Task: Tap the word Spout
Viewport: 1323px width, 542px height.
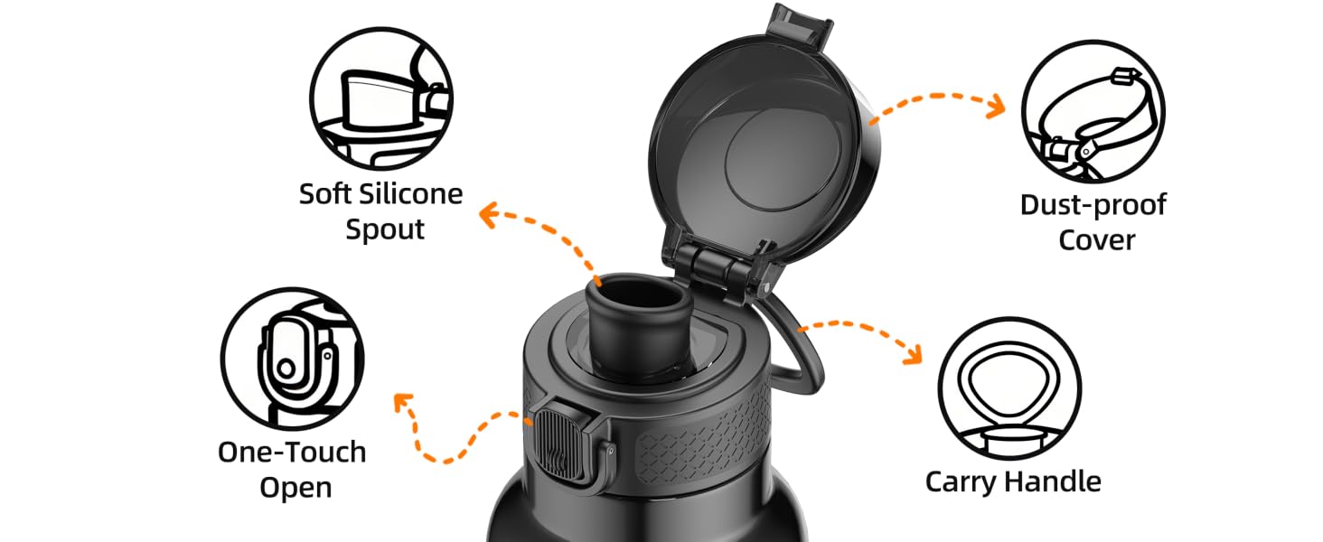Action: (x=384, y=229)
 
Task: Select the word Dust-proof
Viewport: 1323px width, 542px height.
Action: (x=1093, y=205)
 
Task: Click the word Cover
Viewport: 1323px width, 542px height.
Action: (x=1096, y=240)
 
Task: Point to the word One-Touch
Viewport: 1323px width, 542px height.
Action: (x=292, y=453)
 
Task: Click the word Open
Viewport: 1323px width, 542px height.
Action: (x=296, y=489)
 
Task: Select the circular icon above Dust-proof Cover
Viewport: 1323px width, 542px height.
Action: (x=1093, y=112)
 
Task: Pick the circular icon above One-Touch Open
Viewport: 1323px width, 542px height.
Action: (x=293, y=359)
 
